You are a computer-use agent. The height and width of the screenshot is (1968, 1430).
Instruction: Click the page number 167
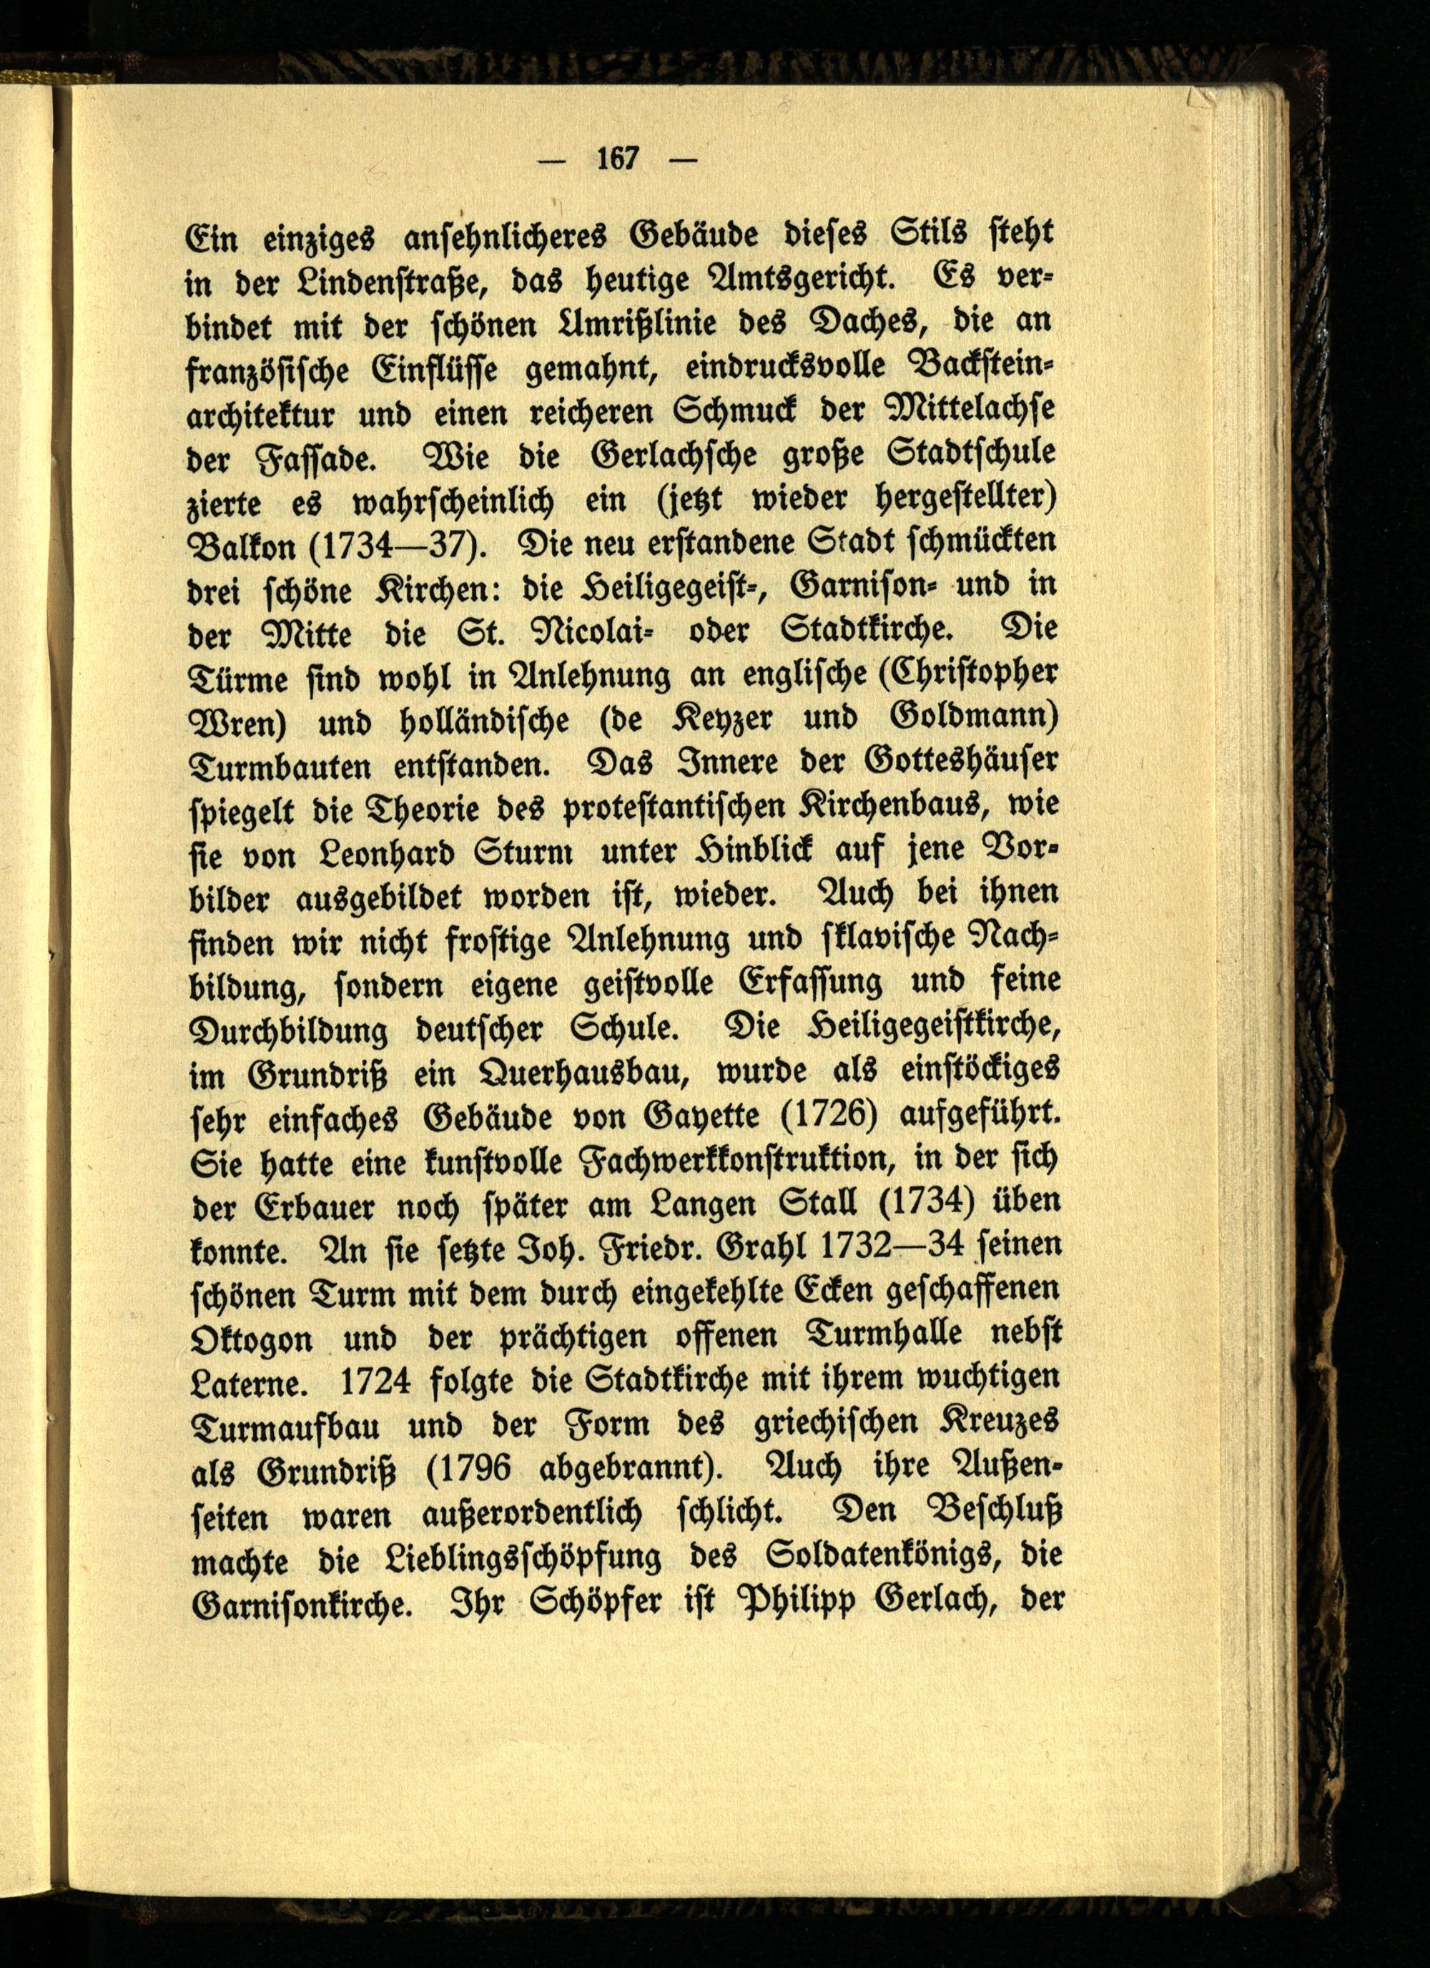coord(618,159)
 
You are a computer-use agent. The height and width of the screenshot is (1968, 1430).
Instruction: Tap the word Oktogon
coord(251,1338)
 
